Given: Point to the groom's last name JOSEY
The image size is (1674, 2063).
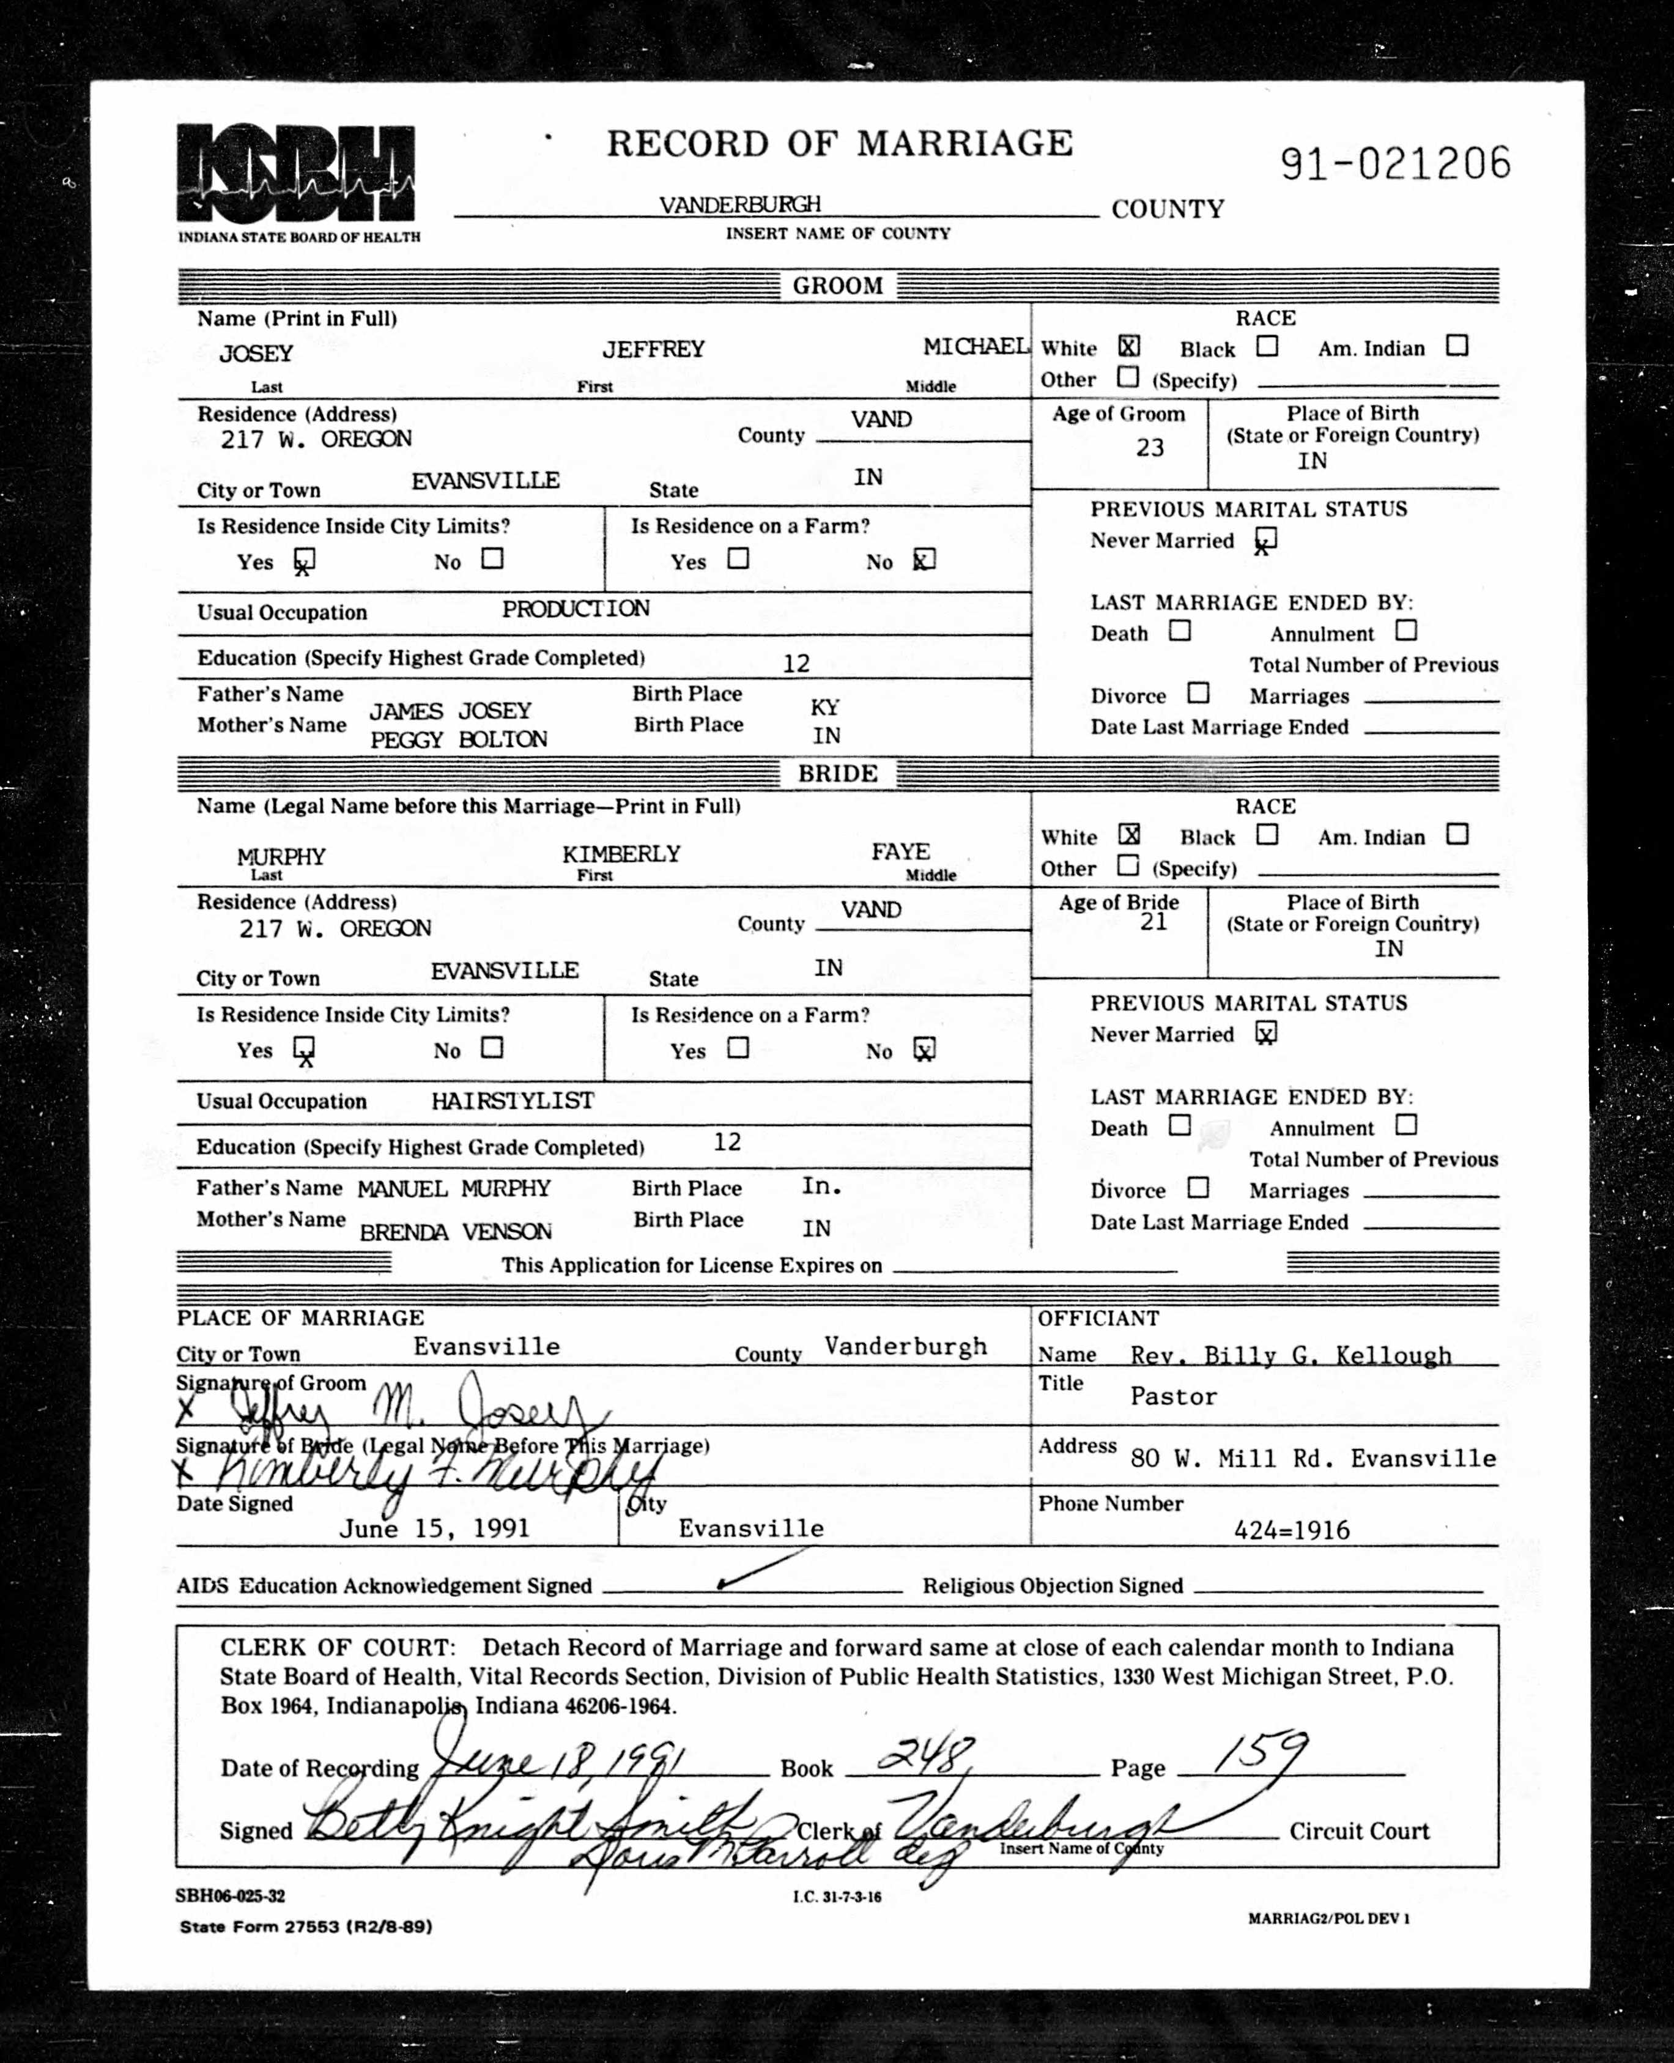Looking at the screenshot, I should tap(256, 354).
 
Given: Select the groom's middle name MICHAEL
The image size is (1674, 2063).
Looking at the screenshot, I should tap(975, 347).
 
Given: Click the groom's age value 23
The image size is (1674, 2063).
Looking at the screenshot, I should tap(1149, 447).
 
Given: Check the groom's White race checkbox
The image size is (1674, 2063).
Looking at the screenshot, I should tap(1128, 346).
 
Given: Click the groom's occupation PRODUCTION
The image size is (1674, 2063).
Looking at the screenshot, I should tap(576, 609).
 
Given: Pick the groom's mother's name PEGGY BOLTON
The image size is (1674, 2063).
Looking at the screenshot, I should tap(458, 739).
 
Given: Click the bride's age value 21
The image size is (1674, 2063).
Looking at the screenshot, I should tap(1154, 922).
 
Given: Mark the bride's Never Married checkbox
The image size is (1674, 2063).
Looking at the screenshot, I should tap(1265, 1034).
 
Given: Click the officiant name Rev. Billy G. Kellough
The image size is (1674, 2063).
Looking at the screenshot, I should tap(1291, 1355).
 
